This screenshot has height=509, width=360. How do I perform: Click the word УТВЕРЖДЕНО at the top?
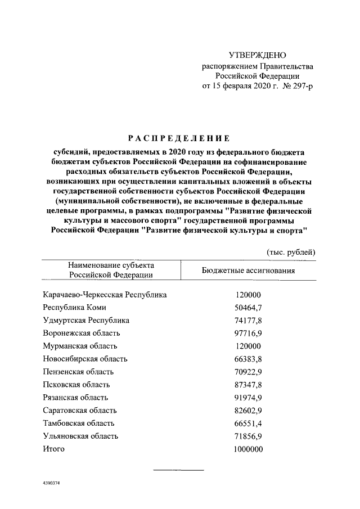click(258, 55)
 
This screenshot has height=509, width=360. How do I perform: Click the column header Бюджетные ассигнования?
click(248, 270)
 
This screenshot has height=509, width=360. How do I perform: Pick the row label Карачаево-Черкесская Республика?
click(105, 294)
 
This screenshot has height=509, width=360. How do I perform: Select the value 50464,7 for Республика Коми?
click(247, 307)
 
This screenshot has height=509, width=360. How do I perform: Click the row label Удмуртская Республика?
click(86, 320)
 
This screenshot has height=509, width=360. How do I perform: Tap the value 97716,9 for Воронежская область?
click(247, 333)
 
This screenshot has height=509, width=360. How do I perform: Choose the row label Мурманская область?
click(80, 346)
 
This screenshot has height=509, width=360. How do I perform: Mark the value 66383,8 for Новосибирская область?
click(247, 358)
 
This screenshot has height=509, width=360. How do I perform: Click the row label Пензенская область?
click(78, 371)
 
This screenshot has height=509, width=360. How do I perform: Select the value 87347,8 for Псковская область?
click(247, 384)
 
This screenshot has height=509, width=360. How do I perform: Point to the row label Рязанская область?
click(76, 397)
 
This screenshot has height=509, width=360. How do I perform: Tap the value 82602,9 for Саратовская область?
click(247, 410)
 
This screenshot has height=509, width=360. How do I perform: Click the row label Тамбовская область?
click(79, 423)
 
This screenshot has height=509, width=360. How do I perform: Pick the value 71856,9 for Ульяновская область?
click(247, 436)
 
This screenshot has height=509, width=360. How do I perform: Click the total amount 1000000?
click(247, 449)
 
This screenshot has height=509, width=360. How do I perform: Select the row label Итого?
click(54, 449)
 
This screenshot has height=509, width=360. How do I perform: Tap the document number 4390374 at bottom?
click(51, 483)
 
